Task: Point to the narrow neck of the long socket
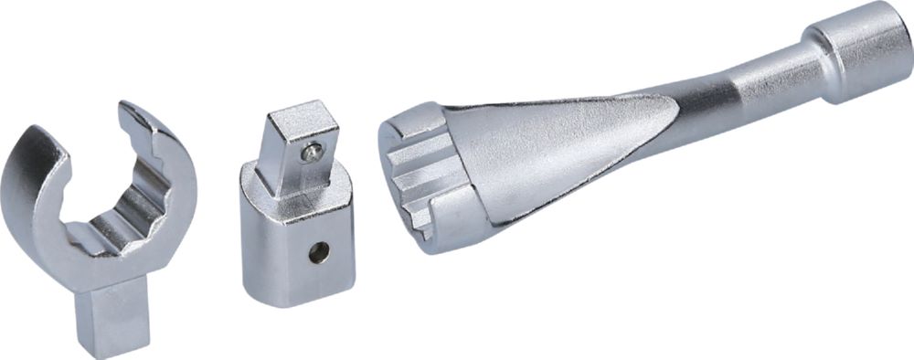click(x=740, y=91)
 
